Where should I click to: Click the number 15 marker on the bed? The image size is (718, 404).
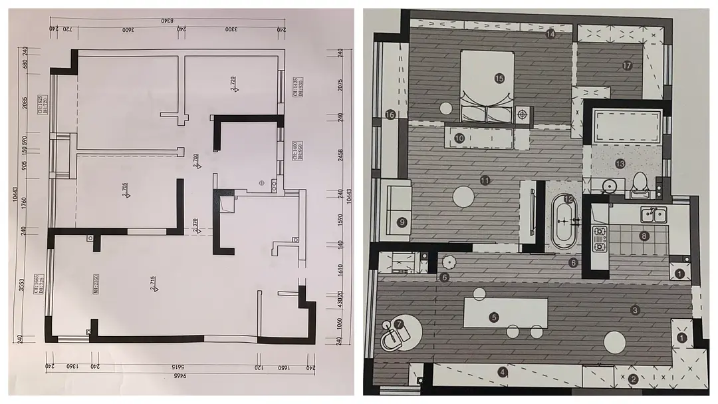coord(500,78)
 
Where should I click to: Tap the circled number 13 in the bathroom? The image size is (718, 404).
coord(620,163)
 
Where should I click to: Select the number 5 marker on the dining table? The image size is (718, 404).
coord(493,317)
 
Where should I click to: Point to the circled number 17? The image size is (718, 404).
coord(626,65)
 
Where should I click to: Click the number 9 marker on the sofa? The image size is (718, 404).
coord(401,222)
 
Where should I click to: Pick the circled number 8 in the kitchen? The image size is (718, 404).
coord(644,236)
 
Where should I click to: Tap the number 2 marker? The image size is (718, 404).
coord(634,379)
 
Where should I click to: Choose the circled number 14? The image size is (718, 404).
coord(550,34)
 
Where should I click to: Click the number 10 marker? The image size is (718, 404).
coord(459,138)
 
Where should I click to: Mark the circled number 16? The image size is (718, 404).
coord(390,115)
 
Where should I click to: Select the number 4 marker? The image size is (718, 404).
coord(503,372)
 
